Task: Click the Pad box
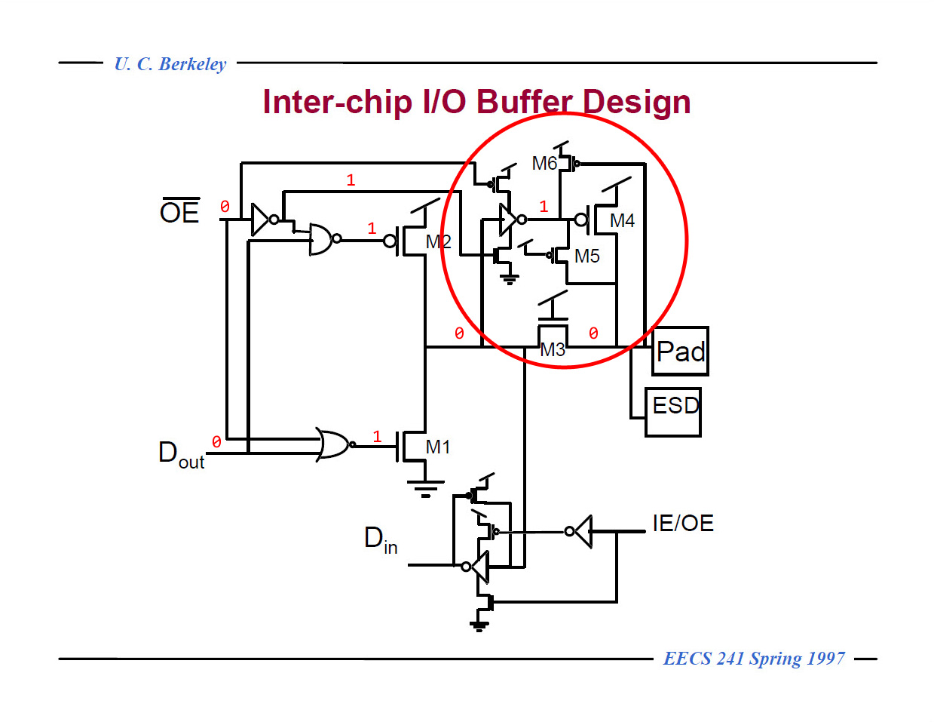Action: (x=680, y=352)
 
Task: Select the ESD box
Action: (x=673, y=411)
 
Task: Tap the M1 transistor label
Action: (x=438, y=447)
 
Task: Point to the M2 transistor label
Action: (x=438, y=241)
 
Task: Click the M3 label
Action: (x=553, y=349)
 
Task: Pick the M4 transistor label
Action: (x=622, y=220)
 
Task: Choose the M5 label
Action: (x=586, y=256)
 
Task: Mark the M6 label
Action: (x=544, y=163)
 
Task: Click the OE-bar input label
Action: (x=179, y=211)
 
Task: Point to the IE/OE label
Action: (x=683, y=523)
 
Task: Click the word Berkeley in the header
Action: (x=192, y=64)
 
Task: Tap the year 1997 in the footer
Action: (x=825, y=659)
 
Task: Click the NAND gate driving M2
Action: (x=322, y=239)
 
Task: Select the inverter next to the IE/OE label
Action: (x=580, y=531)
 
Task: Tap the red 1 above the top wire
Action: (x=351, y=180)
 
